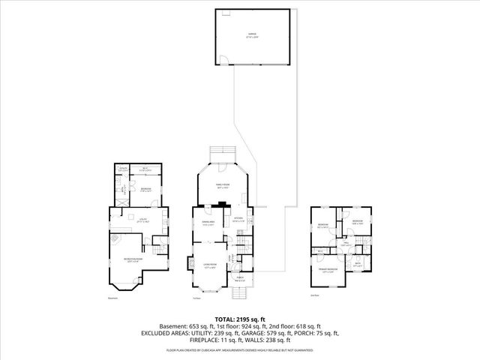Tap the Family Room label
coord(222,184)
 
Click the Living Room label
coord(209,265)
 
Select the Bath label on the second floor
coord(358,263)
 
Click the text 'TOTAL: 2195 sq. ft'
coord(239,319)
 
